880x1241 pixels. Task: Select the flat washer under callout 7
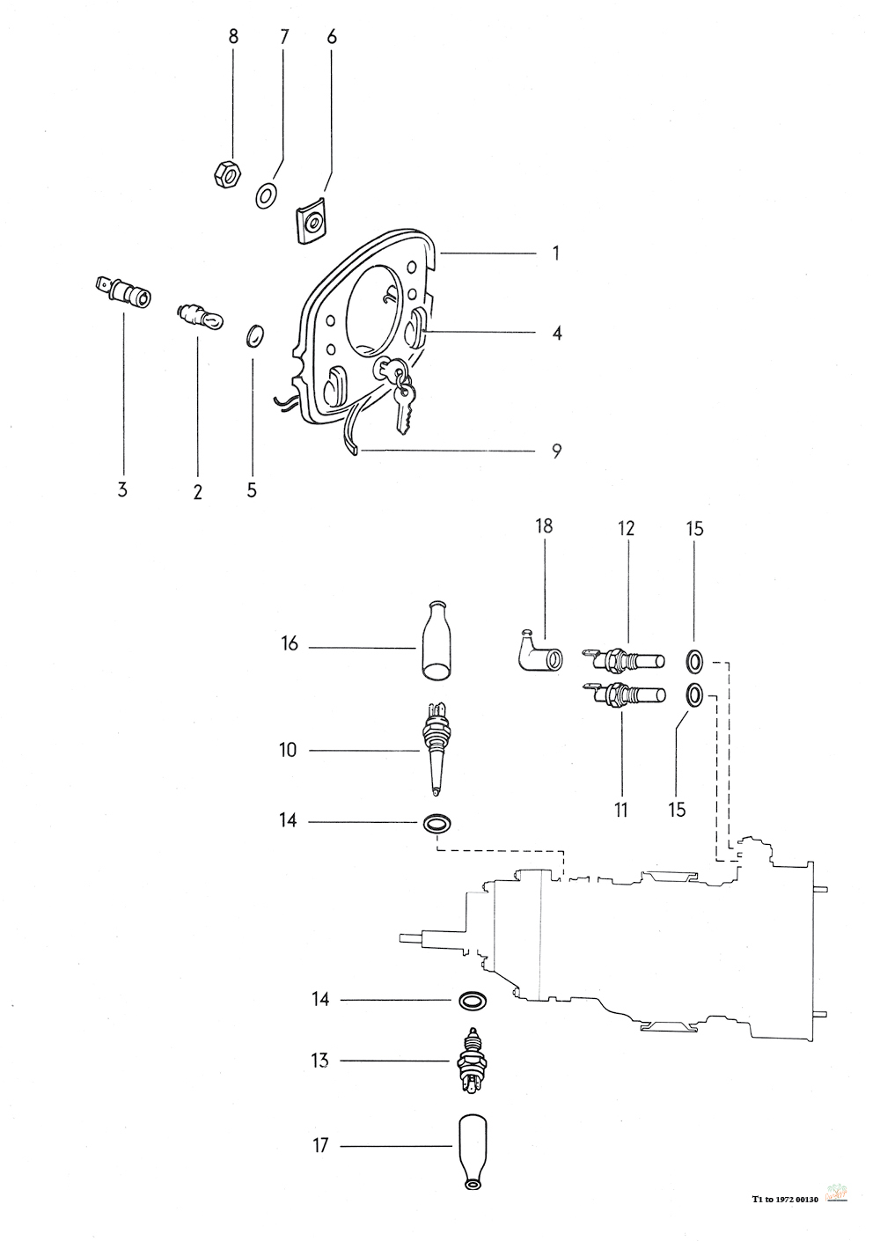pos(268,195)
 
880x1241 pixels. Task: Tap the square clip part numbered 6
pos(310,222)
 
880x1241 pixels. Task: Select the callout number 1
pos(556,253)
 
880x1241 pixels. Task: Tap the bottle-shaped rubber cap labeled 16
pos(436,639)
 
